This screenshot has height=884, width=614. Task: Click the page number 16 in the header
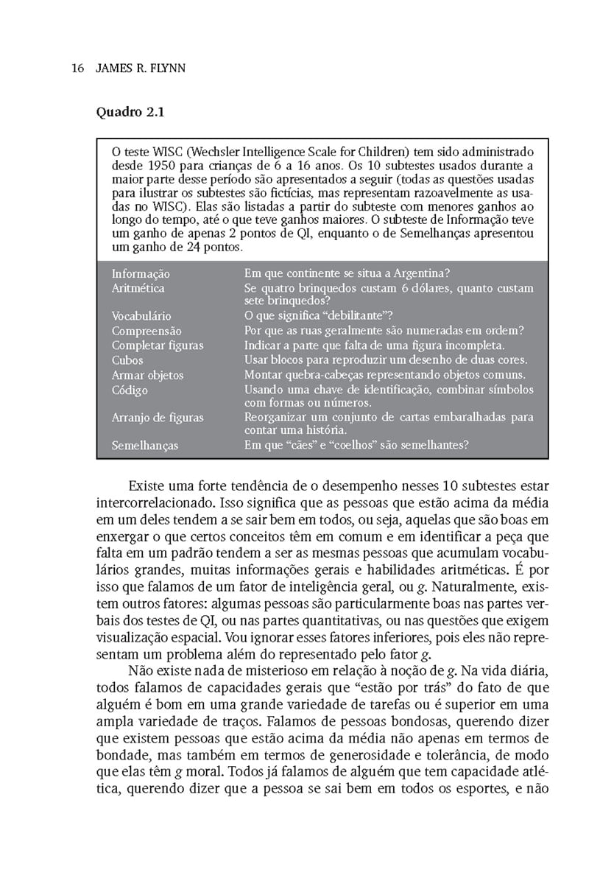pyautogui.click(x=77, y=69)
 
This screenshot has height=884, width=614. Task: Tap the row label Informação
pyautogui.click(x=141, y=274)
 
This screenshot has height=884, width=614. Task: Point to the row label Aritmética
pyautogui.click(x=138, y=288)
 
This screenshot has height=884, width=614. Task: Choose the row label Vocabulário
pyautogui.click(x=141, y=316)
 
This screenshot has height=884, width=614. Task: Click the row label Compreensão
pyautogui.click(x=147, y=331)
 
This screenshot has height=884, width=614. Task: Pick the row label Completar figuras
pyautogui.click(x=158, y=345)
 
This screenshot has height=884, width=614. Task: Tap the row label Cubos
pyautogui.click(x=127, y=360)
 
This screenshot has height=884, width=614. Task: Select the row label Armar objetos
pyautogui.click(x=148, y=375)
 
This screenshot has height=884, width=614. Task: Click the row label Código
pyautogui.click(x=130, y=390)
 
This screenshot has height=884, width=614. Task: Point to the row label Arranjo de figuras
pyautogui.click(x=158, y=418)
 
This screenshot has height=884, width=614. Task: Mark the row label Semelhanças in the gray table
pyautogui.click(x=145, y=445)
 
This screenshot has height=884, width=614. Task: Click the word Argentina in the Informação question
pyautogui.click(x=416, y=274)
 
